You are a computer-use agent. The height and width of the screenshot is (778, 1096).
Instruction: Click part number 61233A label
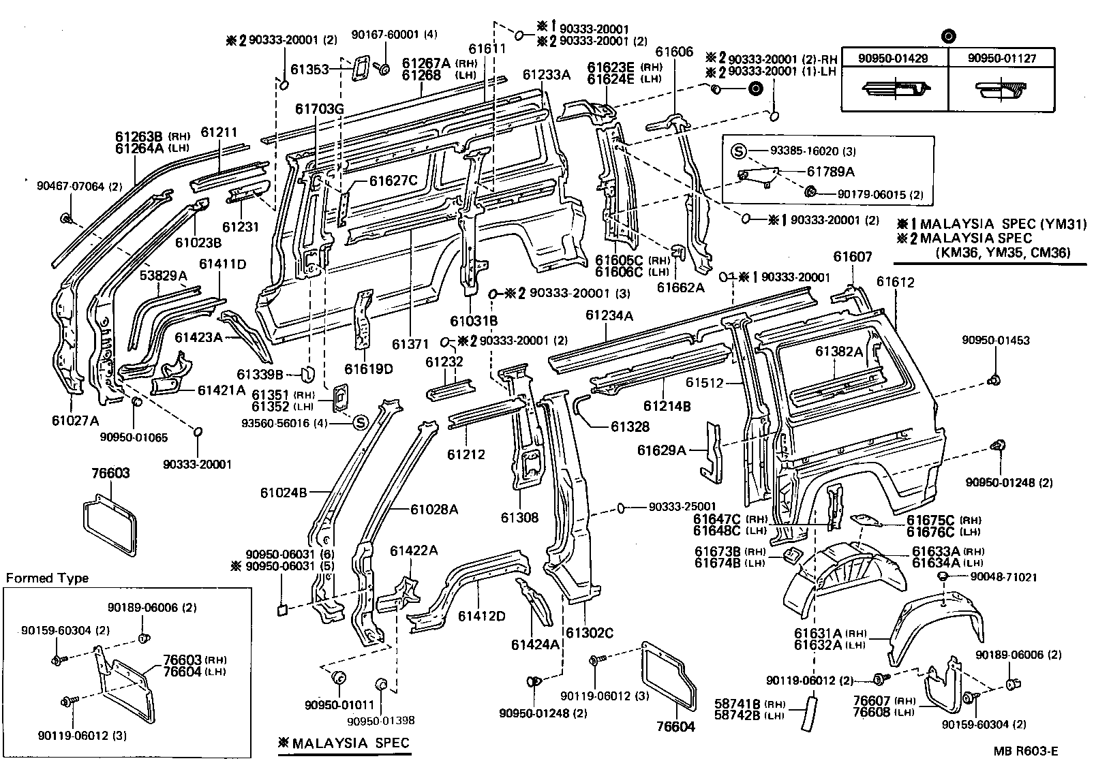[547, 75]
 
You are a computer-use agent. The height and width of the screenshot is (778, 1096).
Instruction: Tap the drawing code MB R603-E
[1025, 751]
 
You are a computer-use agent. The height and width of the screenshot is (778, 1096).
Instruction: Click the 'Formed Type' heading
[48, 578]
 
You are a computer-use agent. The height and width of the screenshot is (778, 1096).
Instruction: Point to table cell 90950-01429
[894, 59]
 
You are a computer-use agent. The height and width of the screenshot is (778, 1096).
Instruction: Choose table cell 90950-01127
[1002, 59]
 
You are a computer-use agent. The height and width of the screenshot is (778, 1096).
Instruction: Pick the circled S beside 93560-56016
[361, 422]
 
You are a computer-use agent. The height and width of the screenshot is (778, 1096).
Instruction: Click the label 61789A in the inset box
[831, 172]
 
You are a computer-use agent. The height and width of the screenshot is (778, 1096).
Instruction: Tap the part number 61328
[630, 426]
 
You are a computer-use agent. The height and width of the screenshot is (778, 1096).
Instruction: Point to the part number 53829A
[164, 275]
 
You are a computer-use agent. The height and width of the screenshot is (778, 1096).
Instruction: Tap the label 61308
[519, 518]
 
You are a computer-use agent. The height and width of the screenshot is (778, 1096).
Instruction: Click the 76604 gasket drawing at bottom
[669, 674]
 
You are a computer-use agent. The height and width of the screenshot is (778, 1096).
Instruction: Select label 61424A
[535, 644]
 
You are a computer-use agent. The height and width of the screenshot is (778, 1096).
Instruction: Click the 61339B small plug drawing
[307, 373]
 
